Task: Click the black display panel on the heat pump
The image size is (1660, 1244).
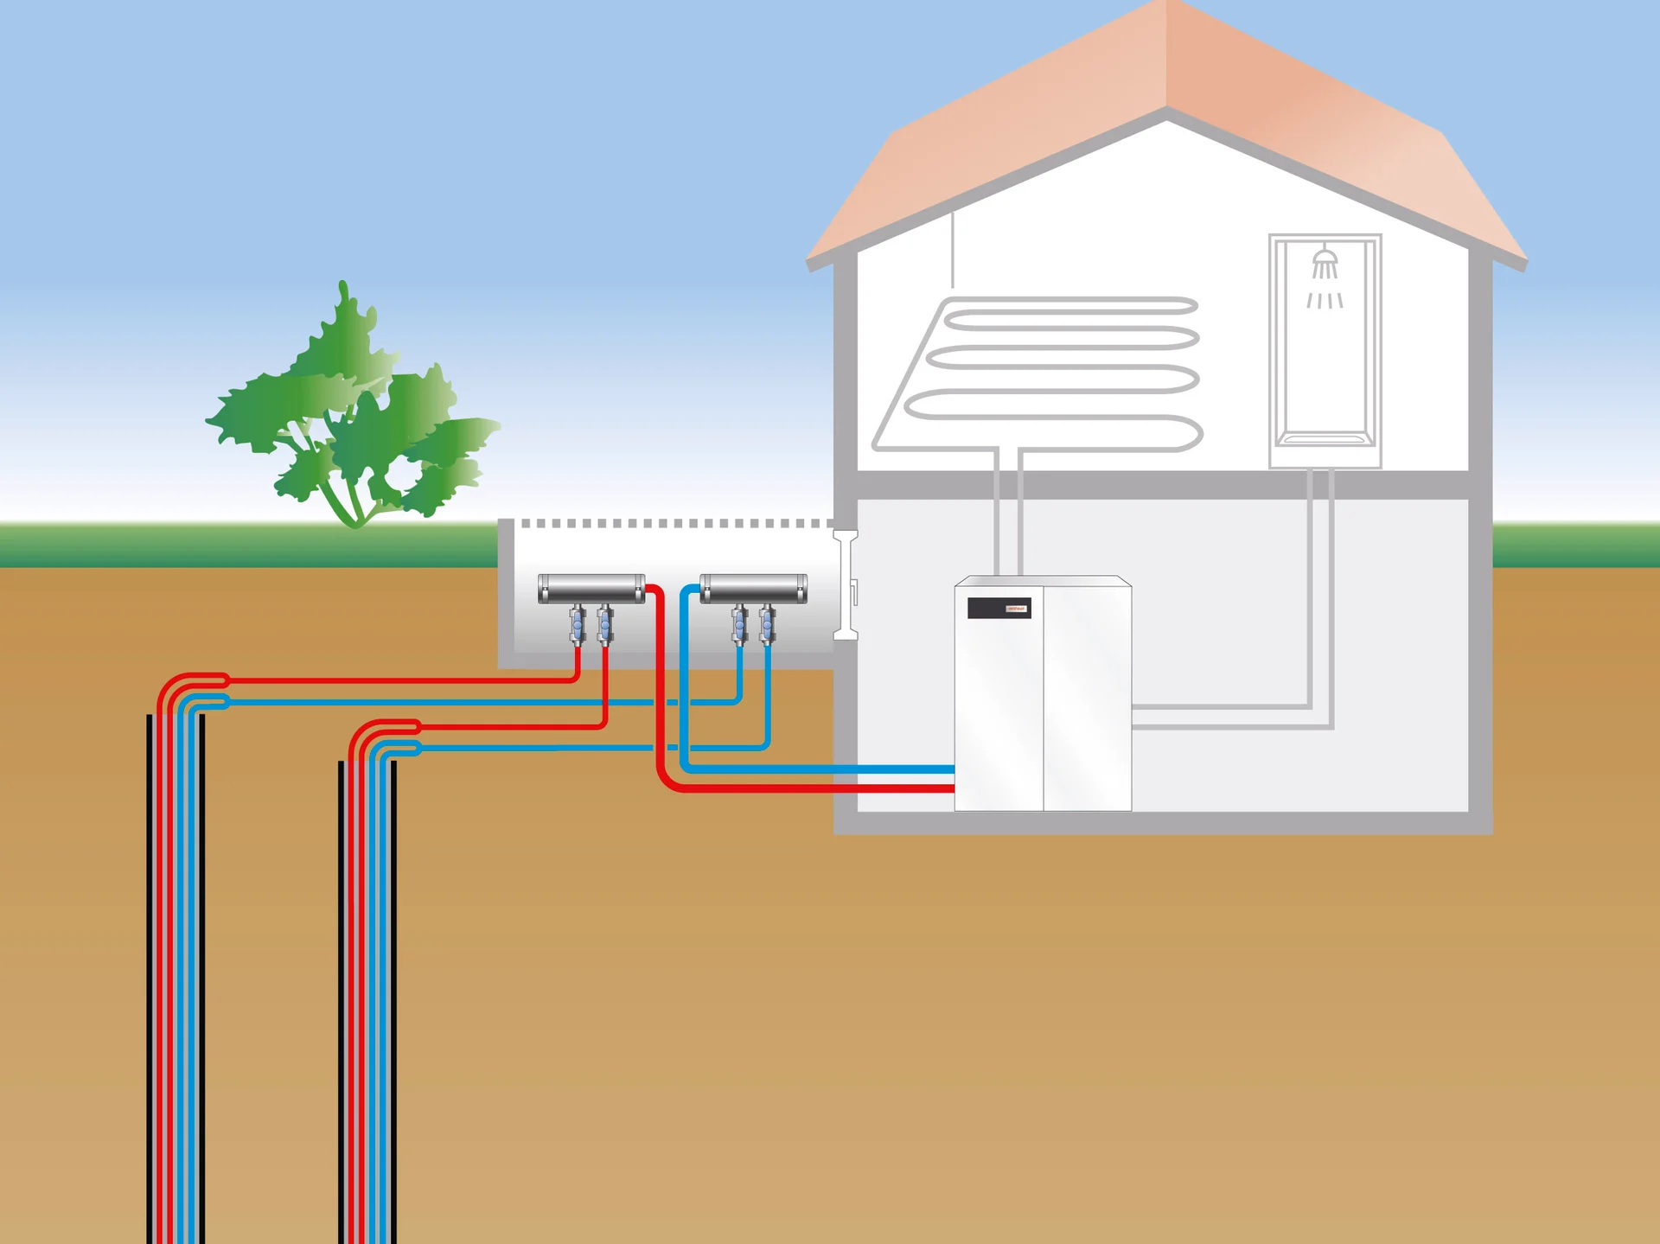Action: (x=999, y=609)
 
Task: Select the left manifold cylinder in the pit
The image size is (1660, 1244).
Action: (x=591, y=589)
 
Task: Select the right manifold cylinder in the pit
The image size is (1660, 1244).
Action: (x=754, y=589)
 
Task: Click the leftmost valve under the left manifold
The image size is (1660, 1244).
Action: (x=578, y=625)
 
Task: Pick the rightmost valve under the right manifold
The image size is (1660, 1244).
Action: (x=767, y=625)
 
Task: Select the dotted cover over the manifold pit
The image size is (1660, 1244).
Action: (x=674, y=524)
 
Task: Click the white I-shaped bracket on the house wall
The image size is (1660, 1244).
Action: (x=846, y=585)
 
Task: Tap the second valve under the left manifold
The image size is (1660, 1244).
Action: (x=605, y=625)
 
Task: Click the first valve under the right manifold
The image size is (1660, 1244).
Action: (x=739, y=625)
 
